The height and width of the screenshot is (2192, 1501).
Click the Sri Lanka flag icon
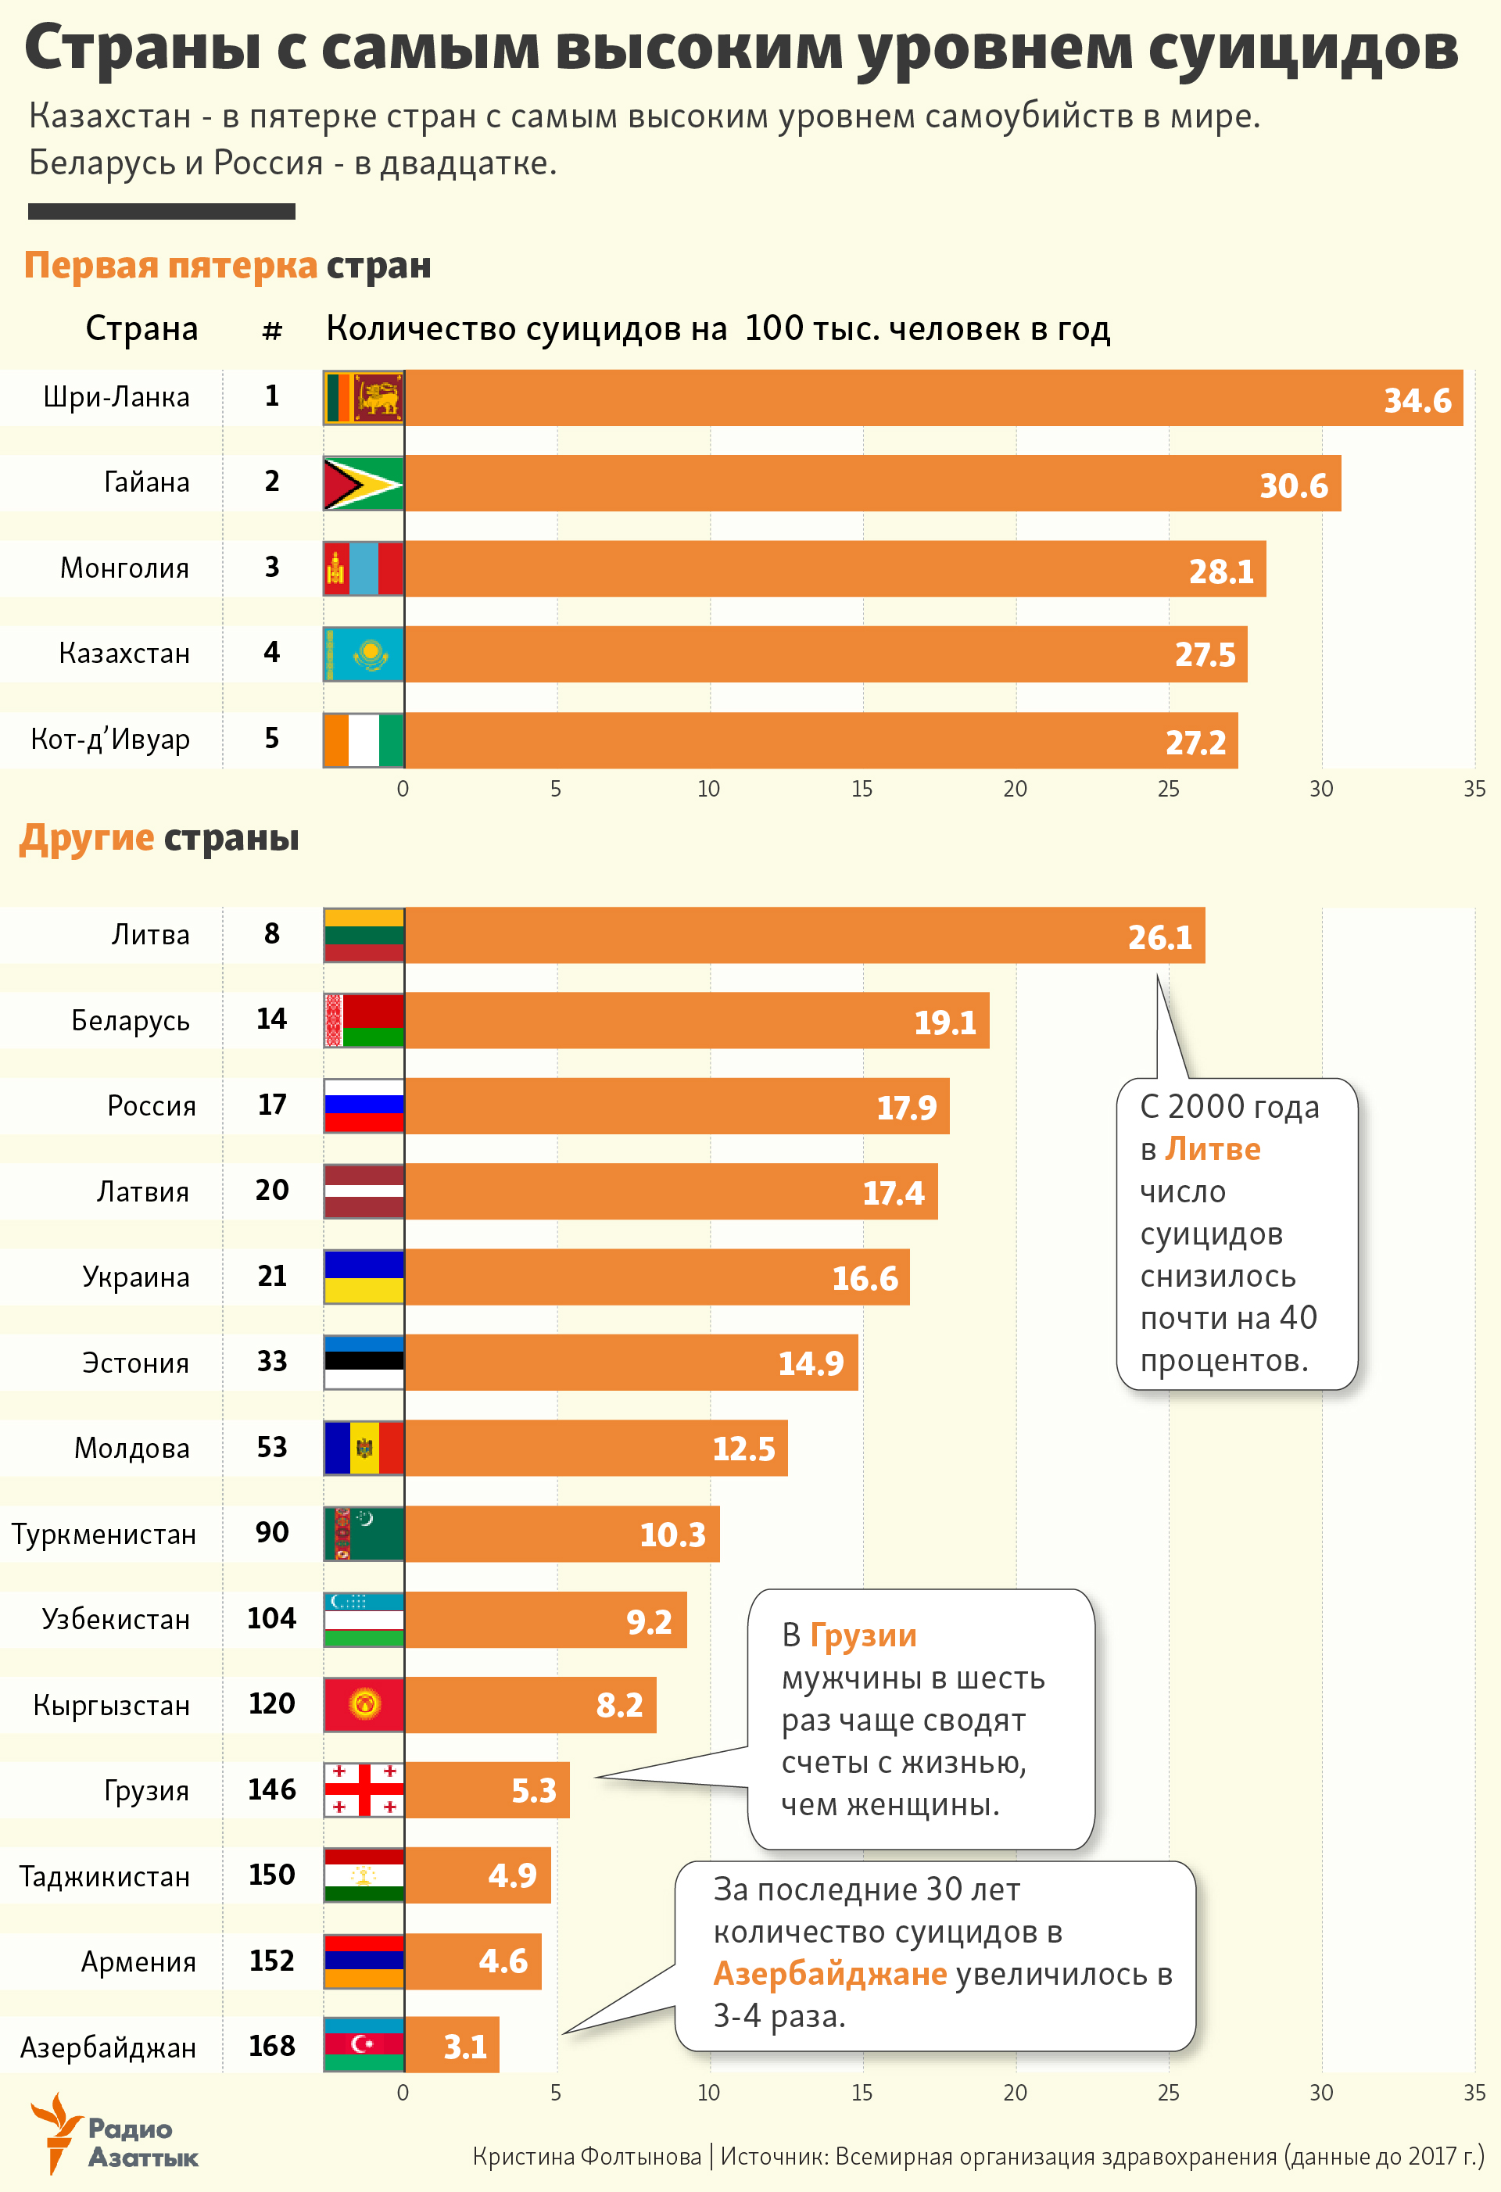(x=364, y=397)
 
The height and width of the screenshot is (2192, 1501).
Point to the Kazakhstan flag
(x=364, y=654)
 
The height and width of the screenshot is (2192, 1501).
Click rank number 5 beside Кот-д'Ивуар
(x=272, y=739)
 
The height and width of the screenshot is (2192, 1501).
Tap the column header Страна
(x=142, y=328)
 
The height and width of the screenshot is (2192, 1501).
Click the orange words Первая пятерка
(x=170, y=265)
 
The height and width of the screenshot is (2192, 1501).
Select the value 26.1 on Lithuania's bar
(x=1159, y=937)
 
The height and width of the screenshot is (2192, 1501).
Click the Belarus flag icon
(x=364, y=1019)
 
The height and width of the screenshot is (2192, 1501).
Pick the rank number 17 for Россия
(x=272, y=1105)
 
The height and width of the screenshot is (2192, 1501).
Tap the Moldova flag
(x=364, y=1448)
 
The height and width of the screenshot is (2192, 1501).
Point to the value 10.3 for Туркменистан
(x=672, y=1534)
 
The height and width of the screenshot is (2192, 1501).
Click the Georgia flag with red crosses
(x=364, y=1789)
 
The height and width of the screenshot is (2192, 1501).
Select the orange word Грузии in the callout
(x=862, y=1635)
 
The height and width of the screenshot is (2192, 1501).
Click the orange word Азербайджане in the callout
(x=829, y=1973)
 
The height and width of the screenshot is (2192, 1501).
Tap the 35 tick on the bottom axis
(x=1474, y=2092)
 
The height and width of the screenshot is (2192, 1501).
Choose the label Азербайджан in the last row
(x=109, y=2047)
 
